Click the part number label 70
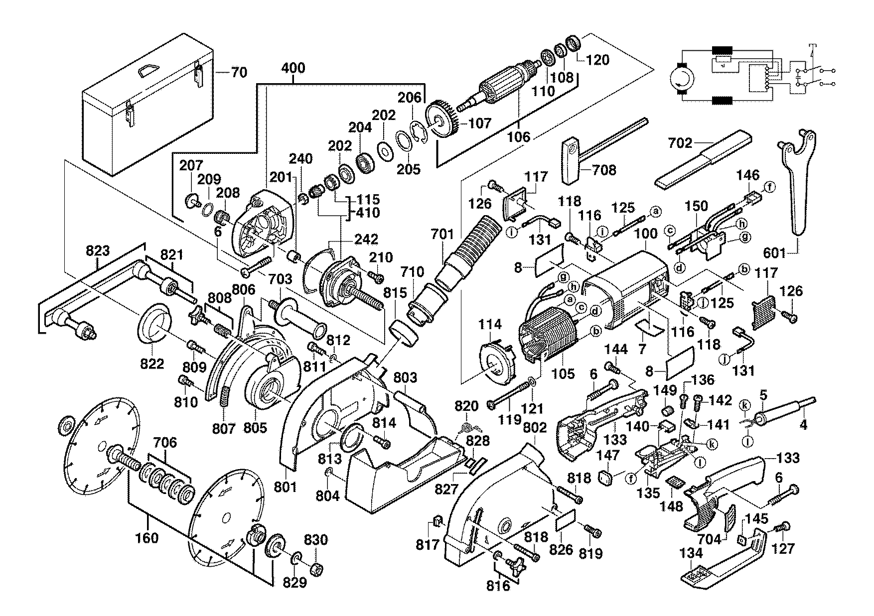coord(239,73)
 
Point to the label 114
coord(490,325)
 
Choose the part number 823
coord(97,251)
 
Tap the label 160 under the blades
coord(147,538)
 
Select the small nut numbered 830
coord(315,568)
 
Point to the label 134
coord(691,553)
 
